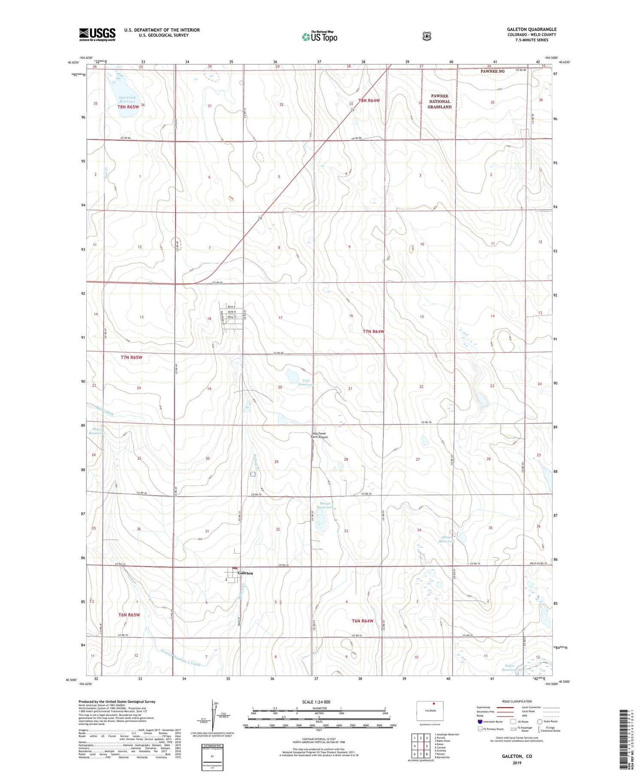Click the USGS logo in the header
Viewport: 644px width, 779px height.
tap(97, 34)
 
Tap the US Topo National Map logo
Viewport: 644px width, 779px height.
tap(319, 37)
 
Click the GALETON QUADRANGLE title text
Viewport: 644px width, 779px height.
tap(532, 29)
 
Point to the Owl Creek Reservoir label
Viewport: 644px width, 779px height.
tap(127, 100)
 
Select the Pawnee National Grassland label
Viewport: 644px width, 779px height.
tap(439, 101)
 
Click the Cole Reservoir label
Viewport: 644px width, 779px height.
tap(306, 382)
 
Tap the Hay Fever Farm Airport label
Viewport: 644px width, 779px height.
tap(319, 435)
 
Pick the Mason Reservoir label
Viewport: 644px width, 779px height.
tap(325, 505)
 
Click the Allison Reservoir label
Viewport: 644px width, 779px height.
tap(447, 539)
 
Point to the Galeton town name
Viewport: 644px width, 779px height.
tap(246, 573)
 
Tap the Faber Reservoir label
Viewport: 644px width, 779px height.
tap(510, 668)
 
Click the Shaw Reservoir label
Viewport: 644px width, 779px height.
tap(97, 431)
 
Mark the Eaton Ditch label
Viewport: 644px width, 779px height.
tap(104, 410)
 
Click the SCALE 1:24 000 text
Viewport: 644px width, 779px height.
tap(316, 702)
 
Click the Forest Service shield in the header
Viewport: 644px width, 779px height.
tap(426, 37)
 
